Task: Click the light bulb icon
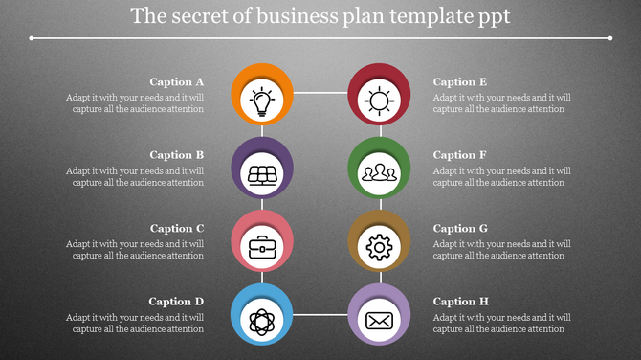(262, 101)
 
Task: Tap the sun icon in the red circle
(380, 101)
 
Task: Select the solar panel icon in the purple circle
(262, 174)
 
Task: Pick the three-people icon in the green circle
(380, 174)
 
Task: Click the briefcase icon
(262, 248)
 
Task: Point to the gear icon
(380, 248)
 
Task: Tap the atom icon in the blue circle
(262, 321)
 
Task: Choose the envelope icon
(380, 321)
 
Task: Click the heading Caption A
(177, 82)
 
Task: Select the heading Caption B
(177, 155)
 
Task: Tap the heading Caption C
(177, 229)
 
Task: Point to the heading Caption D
(176, 302)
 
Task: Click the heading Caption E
(460, 82)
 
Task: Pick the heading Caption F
(460, 155)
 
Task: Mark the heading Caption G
(461, 229)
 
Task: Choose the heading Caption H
(461, 302)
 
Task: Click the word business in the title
(291, 17)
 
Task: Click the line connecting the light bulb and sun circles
(320, 93)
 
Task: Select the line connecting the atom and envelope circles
(320, 313)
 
